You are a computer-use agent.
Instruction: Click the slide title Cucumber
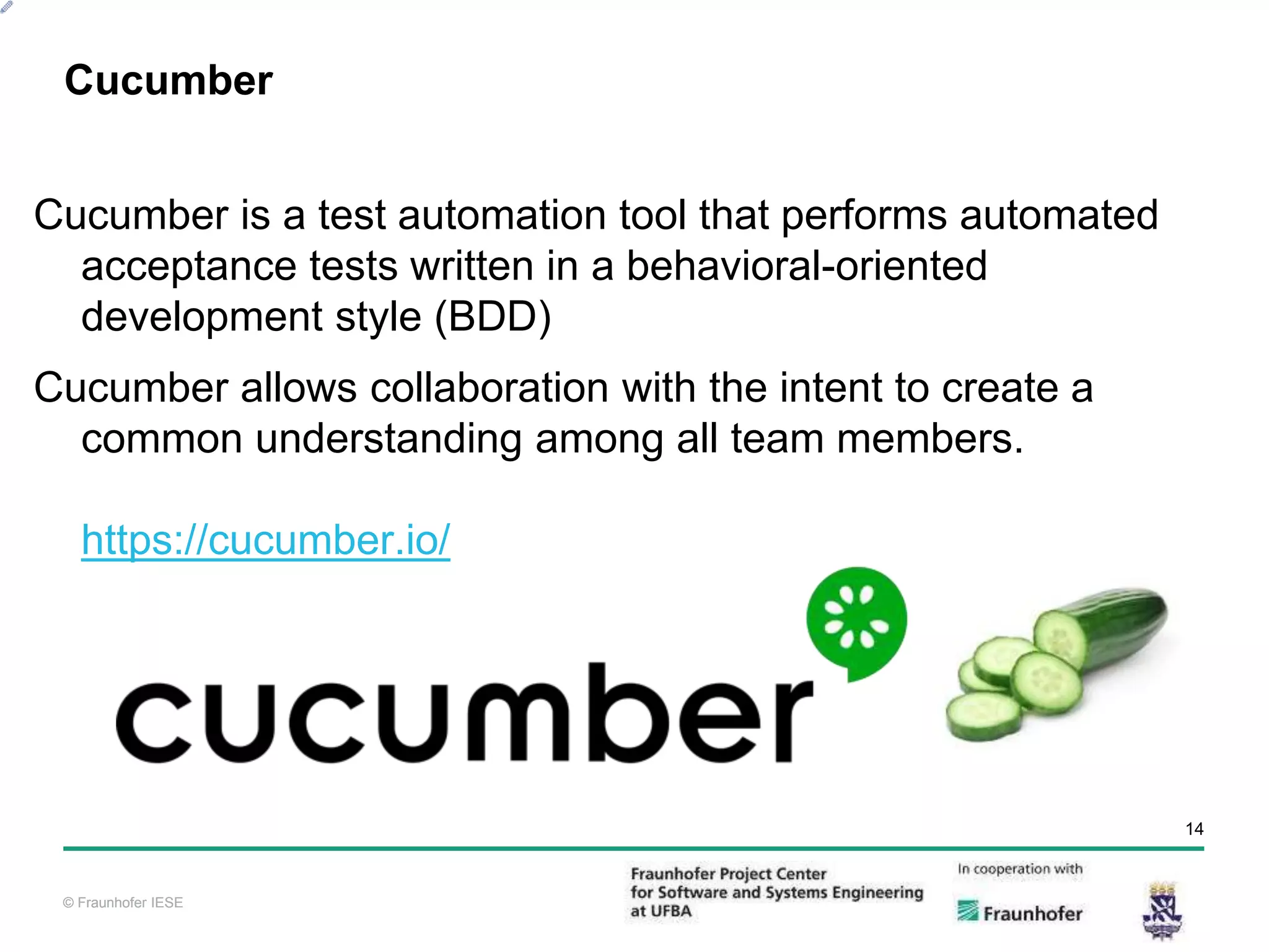[x=169, y=81]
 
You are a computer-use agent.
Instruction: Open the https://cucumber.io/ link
[x=265, y=540]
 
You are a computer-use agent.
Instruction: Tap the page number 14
[x=1194, y=829]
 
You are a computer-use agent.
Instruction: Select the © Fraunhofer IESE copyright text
[x=123, y=902]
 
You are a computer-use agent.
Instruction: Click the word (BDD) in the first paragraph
[x=493, y=317]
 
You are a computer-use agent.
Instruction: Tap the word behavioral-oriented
[x=806, y=266]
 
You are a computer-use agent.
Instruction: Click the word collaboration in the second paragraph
[x=489, y=388]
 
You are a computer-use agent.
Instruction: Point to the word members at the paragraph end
[x=929, y=439]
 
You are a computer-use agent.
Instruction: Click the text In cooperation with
[x=1020, y=869]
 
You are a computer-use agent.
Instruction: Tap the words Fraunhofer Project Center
[x=728, y=874]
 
